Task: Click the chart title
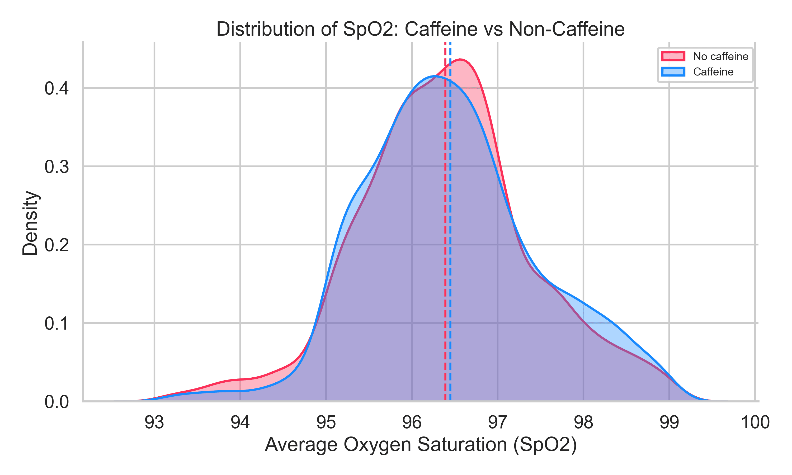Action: pyautogui.click(x=420, y=29)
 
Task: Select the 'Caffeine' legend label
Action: pyautogui.click(x=713, y=72)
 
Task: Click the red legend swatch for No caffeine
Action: pyautogui.click(x=673, y=56)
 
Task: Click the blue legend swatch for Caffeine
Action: pyautogui.click(x=673, y=72)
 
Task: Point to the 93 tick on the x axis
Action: pyautogui.click(x=154, y=422)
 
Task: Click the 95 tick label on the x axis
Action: pyautogui.click(x=326, y=422)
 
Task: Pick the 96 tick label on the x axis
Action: pyautogui.click(x=412, y=422)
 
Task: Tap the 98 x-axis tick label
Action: pyautogui.click(x=583, y=422)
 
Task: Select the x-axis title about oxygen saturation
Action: pyautogui.click(x=420, y=445)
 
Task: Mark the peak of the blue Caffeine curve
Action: pyautogui.click(x=435, y=76)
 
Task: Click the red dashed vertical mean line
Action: pyautogui.click(x=445, y=224)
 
